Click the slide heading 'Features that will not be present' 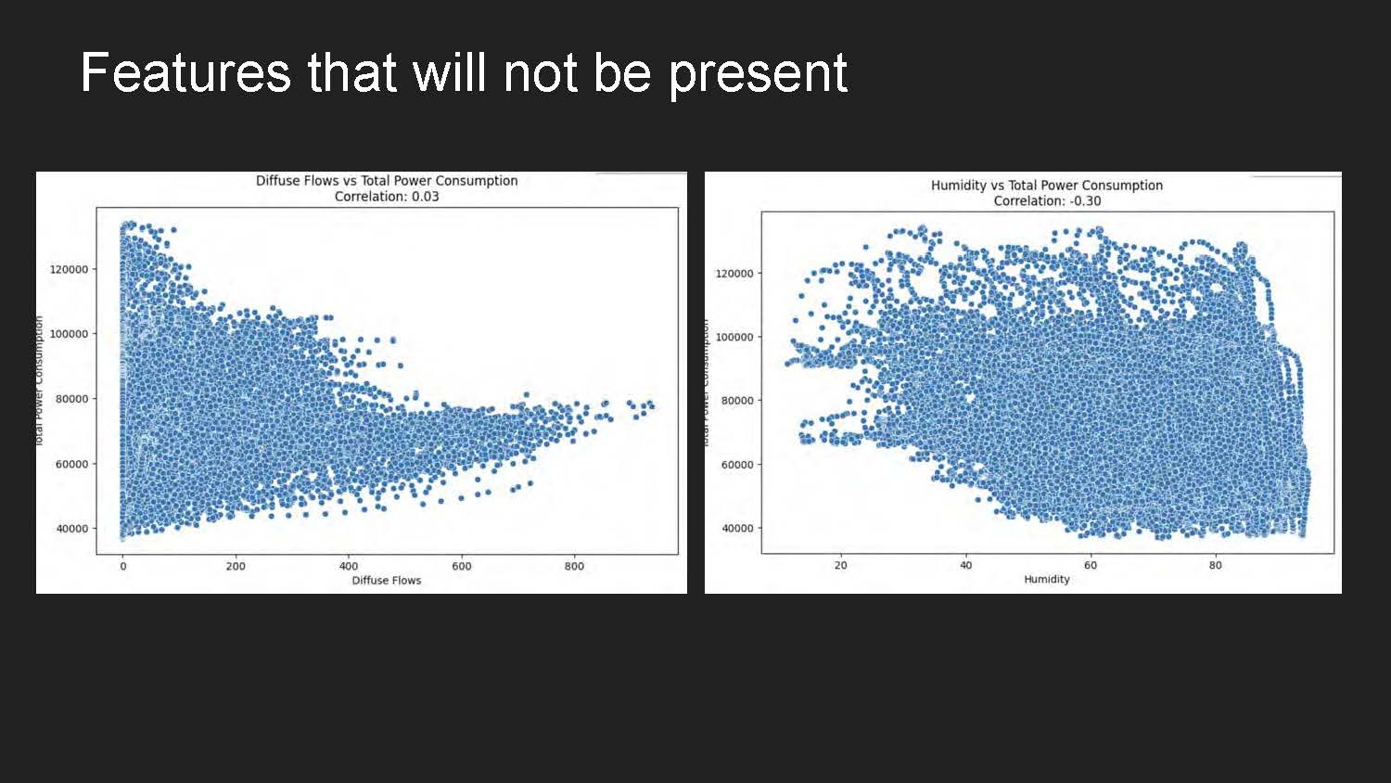tap(464, 72)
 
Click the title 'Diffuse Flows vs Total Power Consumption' tap(387, 181)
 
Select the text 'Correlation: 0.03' tap(387, 197)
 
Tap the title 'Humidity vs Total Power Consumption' tap(1046, 186)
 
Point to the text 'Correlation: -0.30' tap(1047, 201)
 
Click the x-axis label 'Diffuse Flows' tap(386, 581)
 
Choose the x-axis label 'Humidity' tap(1046, 579)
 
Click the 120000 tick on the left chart tap(69, 270)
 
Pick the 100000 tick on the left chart tap(69, 334)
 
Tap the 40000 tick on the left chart tap(71, 529)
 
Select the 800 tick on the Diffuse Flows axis tap(574, 566)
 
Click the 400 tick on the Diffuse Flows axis tap(349, 566)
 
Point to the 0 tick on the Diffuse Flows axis tap(122, 566)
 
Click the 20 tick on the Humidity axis tap(840, 565)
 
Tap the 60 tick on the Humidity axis tap(1091, 565)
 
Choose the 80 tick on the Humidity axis tap(1215, 565)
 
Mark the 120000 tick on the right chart tap(734, 274)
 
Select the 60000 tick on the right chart tap(737, 465)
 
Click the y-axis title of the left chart tap(40, 380)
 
